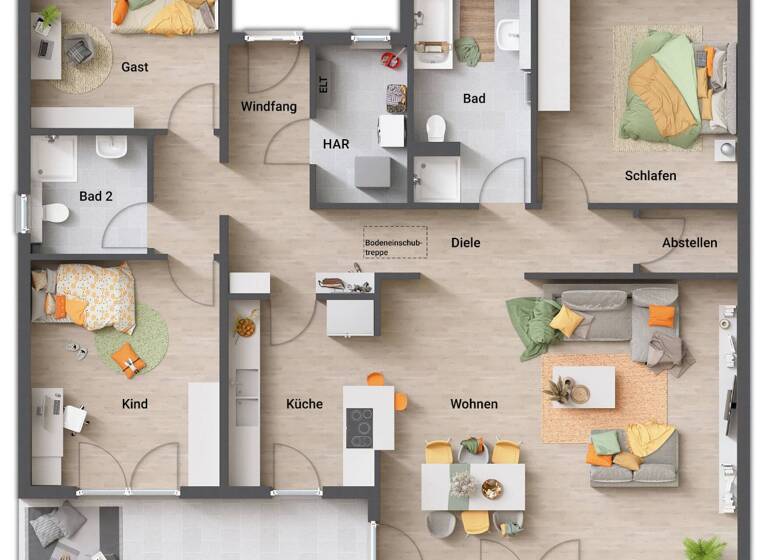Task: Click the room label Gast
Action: [x=135, y=67]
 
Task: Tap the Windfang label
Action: [x=269, y=107]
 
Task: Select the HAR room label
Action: [x=336, y=144]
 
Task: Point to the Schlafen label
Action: [x=651, y=176]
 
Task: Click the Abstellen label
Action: [x=690, y=243]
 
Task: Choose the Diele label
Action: [x=466, y=243]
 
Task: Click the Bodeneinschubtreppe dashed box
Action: [x=395, y=242]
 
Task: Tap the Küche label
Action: [x=304, y=404]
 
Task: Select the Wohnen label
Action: [x=474, y=404]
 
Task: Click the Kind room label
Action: [x=135, y=404]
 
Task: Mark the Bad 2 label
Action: [x=96, y=197]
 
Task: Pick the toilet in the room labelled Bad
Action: [x=436, y=128]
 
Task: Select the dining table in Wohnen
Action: [x=473, y=485]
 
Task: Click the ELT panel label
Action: [x=323, y=86]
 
